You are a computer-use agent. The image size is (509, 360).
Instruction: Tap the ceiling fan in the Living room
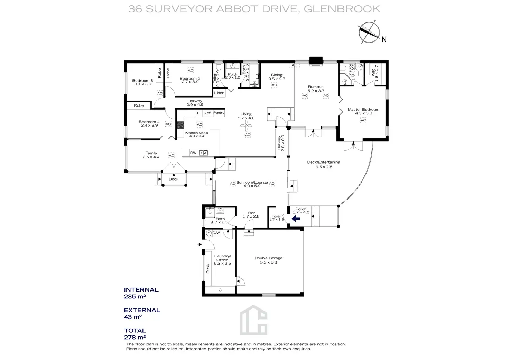point(246,126)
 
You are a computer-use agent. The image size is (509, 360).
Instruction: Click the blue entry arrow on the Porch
point(296,219)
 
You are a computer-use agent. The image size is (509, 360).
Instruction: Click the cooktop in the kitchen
point(181,125)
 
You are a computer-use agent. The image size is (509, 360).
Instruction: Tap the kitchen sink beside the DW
point(203,153)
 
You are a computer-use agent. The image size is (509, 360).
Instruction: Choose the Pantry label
point(219,113)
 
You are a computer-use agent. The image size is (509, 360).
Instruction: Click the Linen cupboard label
point(219,93)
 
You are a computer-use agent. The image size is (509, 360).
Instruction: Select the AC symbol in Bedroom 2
point(191,71)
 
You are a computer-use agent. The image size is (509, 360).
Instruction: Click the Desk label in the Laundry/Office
point(208,268)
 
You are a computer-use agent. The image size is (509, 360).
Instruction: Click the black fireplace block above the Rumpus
point(316,61)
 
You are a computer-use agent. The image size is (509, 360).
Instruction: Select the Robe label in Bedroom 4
point(139,105)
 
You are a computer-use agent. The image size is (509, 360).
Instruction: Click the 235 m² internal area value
point(135,297)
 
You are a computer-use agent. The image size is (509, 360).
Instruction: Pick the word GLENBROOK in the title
point(342,9)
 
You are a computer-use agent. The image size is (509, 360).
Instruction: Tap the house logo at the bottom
point(253,320)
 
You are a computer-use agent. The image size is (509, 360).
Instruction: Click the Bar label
point(251,213)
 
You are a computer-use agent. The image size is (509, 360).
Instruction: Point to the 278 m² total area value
point(135,337)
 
